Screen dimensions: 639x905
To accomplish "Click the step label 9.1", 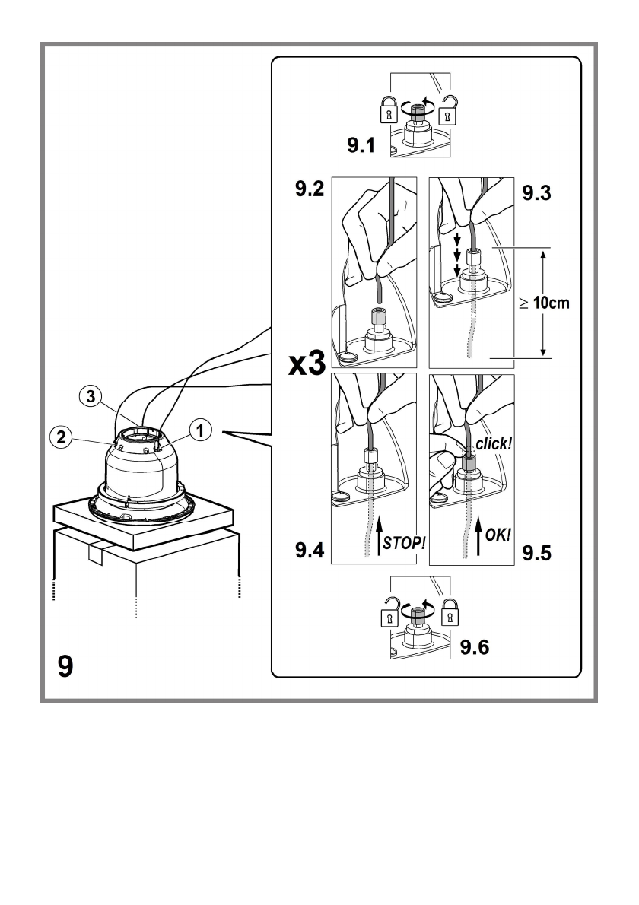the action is pyautogui.click(x=361, y=144).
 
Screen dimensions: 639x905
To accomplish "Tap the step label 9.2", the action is pyautogui.click(x=310, y=189).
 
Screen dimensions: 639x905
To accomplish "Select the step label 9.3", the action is pyautogui.click(x=537, y=192).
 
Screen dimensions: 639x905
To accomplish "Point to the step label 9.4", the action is pyautogui.click(x=310, y=550).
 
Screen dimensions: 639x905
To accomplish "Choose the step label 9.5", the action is pyautogui.click(x=537, y=553).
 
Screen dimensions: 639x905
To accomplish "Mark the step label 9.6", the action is pyautogui.click(x=475, y=647).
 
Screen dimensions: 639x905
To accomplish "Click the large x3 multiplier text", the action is pyautogui.click(x=307, y=364).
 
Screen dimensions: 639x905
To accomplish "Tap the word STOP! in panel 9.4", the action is pyautogui.click(x=405, y=542).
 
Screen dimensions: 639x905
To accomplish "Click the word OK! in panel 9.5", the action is pyautogui.click(x=498, y=535).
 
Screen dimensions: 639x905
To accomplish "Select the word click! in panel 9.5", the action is pyautogui.click(x=494, y=444).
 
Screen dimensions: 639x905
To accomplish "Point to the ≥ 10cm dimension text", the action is pyautogui.click(x=544, y=303).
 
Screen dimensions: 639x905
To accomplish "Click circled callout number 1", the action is pyautogui.click(x=200, y=430).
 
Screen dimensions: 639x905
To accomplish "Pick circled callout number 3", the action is pyautogui.click(x=90, y=396).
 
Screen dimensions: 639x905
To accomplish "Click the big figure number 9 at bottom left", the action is pyautogui.click(x=66, y=666).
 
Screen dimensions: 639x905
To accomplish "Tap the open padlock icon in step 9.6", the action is pyautogui.click(x=389, y=611).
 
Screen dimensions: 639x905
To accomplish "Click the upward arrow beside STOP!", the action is pyautogui.click(x=379, y=536).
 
